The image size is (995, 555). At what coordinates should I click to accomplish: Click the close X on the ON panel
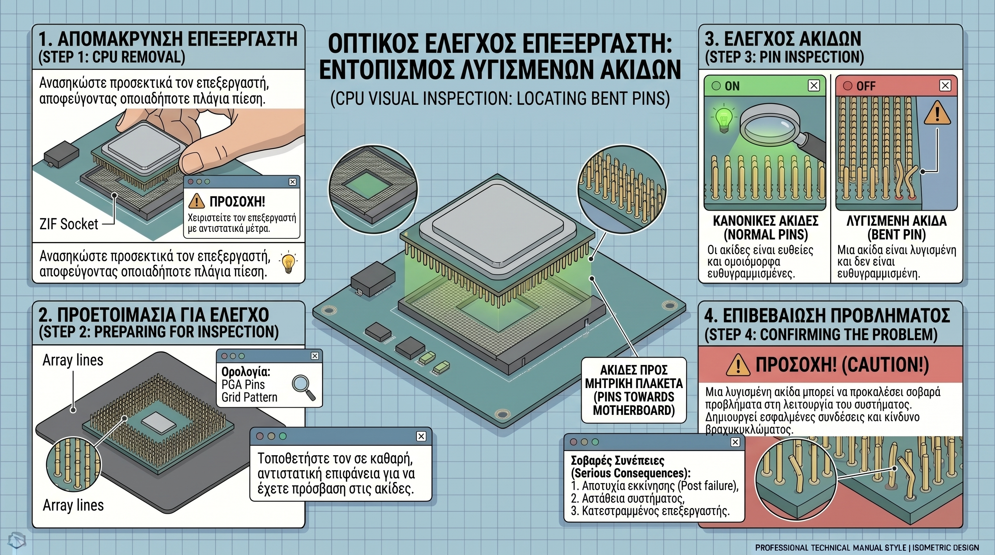tap(814, 85)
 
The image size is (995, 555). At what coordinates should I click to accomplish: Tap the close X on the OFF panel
tap(945, 85)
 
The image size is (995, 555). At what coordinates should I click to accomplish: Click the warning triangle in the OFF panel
tap(937, 113)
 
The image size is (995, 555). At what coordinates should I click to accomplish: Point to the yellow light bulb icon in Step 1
tap(288, 263)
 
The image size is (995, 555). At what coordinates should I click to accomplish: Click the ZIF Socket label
tap(69, 224)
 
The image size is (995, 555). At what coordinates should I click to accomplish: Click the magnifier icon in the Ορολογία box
tap(304, 388)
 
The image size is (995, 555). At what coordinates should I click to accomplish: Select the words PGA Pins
tap(243, 384)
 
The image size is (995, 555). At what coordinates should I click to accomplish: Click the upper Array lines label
tap(73, 360)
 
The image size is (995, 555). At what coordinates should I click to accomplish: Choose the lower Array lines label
tap(73, 505)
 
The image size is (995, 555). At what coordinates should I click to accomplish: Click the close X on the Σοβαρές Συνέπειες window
tap(735, 442)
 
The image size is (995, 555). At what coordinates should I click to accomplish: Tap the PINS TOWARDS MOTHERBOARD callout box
tap(634, 390)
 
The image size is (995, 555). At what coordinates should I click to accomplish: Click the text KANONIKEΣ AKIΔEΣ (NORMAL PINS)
tap(765, 228)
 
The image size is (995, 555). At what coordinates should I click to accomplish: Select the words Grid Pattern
tap(249, 397)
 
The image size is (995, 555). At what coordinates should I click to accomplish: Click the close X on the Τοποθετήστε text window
tap(421, 436)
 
